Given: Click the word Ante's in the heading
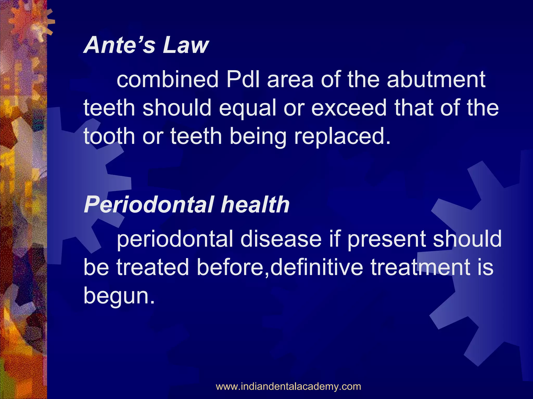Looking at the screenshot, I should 120,45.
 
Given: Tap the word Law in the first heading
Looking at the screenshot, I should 186,45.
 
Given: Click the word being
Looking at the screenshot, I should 258,137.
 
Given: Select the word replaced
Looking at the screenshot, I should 342,137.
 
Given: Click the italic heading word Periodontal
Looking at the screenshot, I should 149,205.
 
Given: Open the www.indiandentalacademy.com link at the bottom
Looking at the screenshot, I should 288,386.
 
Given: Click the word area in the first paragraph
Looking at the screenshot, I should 290,79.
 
